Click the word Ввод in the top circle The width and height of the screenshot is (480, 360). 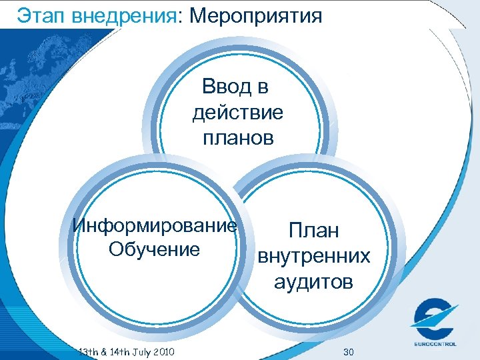pyautogui.click(x=225, y=87)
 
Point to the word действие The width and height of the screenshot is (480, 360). pyautogui.click(x=237, y=113)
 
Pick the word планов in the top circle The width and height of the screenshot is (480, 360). pyautogui.click(x=237, y=139)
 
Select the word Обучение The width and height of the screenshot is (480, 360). pyautogui.click(x=153, y=250)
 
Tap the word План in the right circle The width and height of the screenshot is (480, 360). pyautogui.click(x=313, y=231)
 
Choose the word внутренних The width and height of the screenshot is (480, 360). pyautogui.click(x=313, y=257)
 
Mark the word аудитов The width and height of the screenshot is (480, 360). pyautogui.click(x=313, y=283)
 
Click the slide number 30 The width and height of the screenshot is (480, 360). pyautogui.click(x=348, y=351)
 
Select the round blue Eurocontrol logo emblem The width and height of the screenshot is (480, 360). pyautogui.click(x=434, y=319)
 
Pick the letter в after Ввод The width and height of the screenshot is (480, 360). pyautogui.click(x=262, y=87)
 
